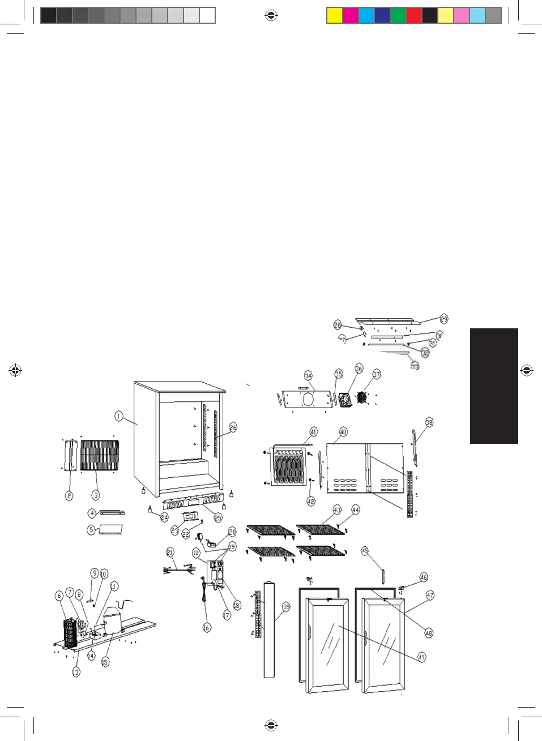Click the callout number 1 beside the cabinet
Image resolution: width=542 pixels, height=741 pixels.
point(118,416)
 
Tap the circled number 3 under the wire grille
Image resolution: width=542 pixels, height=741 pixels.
point(96,495)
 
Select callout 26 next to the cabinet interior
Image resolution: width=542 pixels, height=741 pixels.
point(233,427)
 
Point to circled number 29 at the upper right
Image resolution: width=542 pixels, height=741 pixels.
point(443,319)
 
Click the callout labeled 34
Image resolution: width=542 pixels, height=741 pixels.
point(308,375)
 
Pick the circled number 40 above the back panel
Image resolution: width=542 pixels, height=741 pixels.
point(343,432)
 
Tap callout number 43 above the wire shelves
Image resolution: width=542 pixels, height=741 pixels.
point(337,509)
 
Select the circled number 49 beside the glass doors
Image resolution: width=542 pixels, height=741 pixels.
point(421,657)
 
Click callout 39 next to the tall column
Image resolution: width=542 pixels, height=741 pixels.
point(286,607)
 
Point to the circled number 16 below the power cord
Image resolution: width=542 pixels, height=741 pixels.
point(206,627)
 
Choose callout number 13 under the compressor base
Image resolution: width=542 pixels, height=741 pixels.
point(76,672)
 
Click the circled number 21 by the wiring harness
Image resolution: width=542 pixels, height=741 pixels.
point(170,552)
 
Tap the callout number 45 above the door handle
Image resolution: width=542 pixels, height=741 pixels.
point(365,551)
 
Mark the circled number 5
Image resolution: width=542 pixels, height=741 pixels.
point(91,530)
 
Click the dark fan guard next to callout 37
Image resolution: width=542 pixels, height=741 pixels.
point(362,398)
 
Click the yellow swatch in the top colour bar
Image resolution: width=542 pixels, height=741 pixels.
point(335,15)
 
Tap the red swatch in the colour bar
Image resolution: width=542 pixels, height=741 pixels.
point(414,15)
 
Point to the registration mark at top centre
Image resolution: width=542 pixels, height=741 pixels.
point(271,15)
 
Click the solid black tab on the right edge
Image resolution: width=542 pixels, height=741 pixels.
point(494,386)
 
